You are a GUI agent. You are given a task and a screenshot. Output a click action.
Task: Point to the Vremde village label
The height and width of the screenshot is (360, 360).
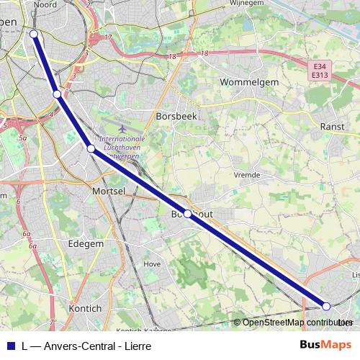pos(247,174)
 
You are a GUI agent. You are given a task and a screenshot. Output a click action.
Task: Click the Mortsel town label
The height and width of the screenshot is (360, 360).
pos(109,191)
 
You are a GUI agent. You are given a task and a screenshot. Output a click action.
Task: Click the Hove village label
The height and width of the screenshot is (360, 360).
pos(152,264)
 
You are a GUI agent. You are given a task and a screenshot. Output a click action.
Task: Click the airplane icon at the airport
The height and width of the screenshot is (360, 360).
pos(124,128)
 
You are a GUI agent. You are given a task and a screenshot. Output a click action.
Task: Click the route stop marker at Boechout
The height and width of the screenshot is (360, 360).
pos(187,214)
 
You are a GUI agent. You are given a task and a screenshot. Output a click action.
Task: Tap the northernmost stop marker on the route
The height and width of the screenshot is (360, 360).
pos(33,33)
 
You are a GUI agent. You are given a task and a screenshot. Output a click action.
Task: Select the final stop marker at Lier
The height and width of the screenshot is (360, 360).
pos(326,306)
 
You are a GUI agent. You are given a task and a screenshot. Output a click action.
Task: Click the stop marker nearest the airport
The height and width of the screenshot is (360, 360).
pos(91,148)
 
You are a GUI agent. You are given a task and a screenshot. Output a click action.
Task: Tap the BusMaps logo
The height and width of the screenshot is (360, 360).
pos(322,345)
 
